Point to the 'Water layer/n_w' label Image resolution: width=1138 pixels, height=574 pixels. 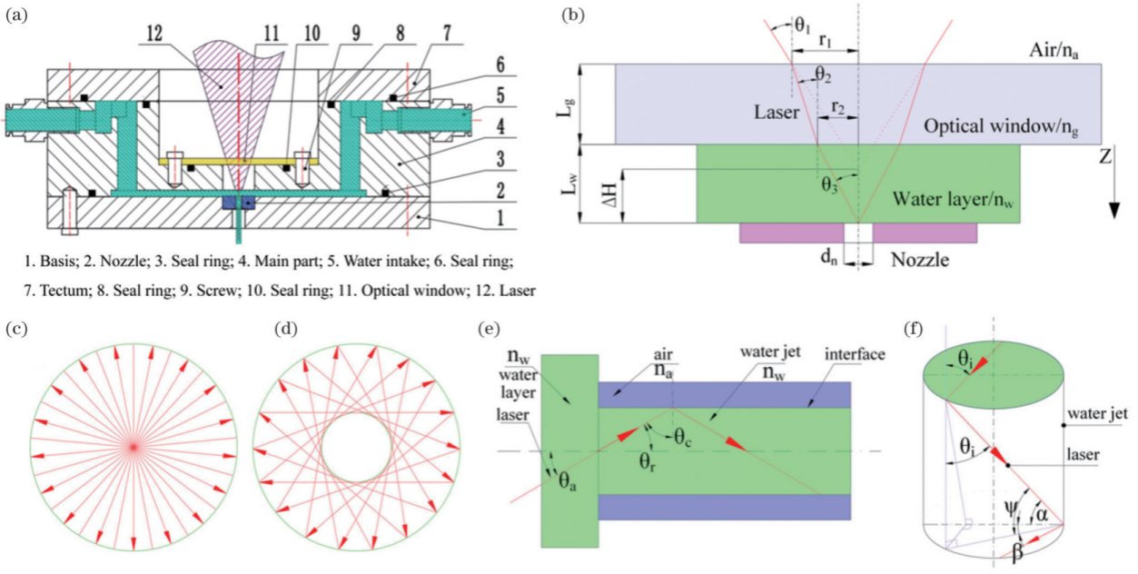(949, 198)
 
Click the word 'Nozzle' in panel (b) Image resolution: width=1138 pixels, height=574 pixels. (920, 261)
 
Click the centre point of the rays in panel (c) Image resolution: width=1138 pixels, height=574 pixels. (134, 447)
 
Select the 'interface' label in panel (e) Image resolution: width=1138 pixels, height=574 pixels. (856, 355)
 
